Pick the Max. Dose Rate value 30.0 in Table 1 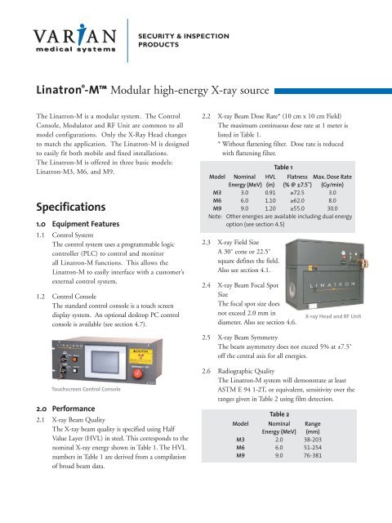pos(333,231)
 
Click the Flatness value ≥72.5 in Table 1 pos(296,212)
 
